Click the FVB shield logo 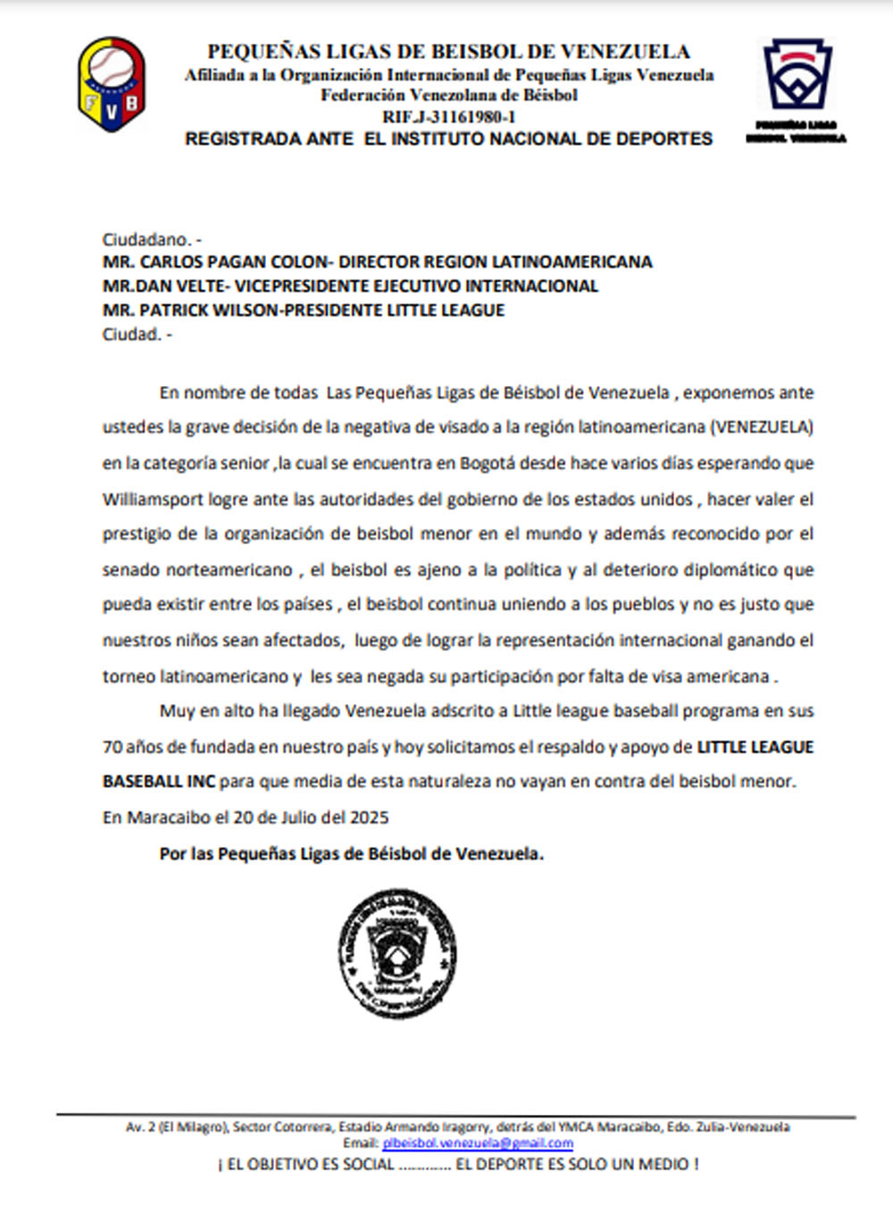pyautogui.click(x=112, y=85)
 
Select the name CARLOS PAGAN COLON pyautogui.click(x=235, y=263)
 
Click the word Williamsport pyautogui.click(x=153, y=498)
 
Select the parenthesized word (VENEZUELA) pyautogui.click(x=762, y=427)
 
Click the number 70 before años pyautogui.click(x=112, y=747)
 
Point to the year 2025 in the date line pyautogui.click(x=369, y=817)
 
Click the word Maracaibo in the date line pyautogui.click(x=169, y=817)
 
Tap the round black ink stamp pyautogui.click(x=397, y=953)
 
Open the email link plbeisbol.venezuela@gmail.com pyautogui.click(x=478, y=1143)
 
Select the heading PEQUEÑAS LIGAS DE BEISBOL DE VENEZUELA pyautogui.click(x=448, y=52)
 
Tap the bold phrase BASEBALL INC pyautogui.click(x=159, y=782)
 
